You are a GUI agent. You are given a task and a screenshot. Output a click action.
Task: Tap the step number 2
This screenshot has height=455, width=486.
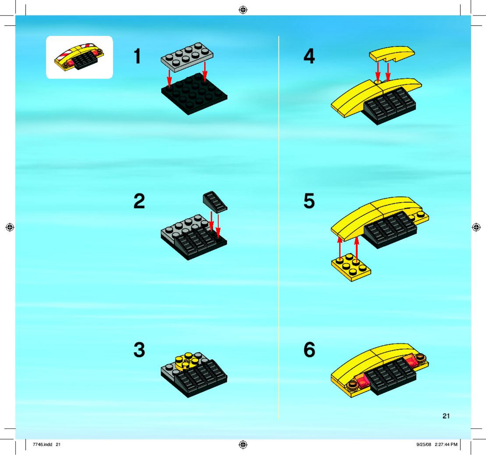[x=139, y=201]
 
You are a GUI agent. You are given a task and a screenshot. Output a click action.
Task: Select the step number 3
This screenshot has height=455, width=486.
[x=139, y=350]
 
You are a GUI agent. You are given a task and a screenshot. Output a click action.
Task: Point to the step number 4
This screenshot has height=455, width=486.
[x=309, y=56]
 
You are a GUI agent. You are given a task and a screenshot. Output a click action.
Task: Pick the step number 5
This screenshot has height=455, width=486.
[x=309, y=201]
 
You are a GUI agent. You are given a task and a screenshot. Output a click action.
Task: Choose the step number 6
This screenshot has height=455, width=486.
[x=309, y=350]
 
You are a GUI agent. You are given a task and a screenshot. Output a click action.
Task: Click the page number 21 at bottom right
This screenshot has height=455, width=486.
[x=446, y=416]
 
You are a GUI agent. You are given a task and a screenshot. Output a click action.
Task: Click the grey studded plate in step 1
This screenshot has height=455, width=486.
[x=187, y=57]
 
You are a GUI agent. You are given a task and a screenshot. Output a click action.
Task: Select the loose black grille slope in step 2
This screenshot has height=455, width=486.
[x=215, y=202]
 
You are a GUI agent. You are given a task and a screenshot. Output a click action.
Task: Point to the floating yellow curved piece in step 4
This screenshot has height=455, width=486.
[x=392, y=54]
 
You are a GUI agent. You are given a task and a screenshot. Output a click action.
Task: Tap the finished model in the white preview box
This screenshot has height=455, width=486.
[x=79, y=57]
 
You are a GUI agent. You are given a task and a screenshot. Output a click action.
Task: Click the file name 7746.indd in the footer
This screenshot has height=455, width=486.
[x=43, y=444]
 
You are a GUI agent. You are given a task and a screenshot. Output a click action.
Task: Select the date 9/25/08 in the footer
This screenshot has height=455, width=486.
[x=424, y=444]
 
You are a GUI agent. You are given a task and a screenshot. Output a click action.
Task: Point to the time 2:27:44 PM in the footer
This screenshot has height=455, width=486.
[x=446, y=444]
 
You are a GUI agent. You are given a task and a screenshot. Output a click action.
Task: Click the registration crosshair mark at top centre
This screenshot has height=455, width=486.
[x=243, y=10]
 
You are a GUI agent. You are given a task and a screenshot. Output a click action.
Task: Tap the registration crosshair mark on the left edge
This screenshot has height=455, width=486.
[x=10, y=227]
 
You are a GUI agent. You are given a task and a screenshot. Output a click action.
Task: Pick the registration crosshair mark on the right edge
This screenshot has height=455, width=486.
[x=476, y=227]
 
